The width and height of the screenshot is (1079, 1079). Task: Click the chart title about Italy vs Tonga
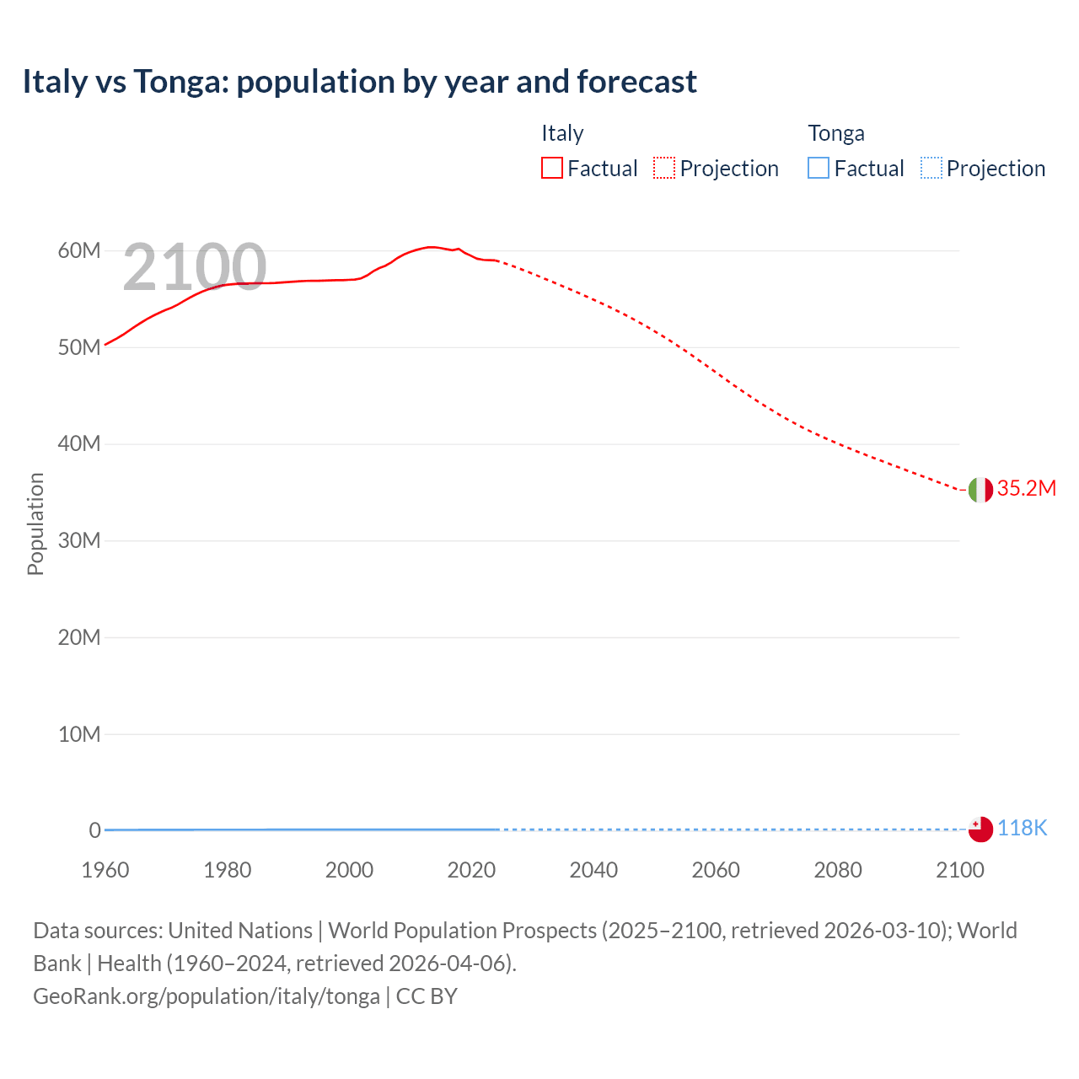359,82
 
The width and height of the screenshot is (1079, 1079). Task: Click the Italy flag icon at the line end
980,490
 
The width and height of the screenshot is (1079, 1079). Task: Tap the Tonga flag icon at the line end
980,829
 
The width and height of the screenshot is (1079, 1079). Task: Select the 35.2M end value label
1026,489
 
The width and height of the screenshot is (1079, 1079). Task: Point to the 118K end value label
1022,829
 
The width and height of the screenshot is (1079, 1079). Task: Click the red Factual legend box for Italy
552,169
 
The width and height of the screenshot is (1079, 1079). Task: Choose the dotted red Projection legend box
664,169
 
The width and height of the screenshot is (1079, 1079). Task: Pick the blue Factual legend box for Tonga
819,169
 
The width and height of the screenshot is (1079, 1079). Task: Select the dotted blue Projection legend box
931,169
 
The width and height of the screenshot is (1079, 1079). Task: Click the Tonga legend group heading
836,133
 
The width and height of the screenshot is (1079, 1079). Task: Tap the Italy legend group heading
562,133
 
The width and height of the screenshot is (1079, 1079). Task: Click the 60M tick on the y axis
79,251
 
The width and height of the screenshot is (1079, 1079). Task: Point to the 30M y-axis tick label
79,541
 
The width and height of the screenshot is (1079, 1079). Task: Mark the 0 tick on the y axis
94,830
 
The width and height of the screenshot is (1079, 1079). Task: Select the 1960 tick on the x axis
105,870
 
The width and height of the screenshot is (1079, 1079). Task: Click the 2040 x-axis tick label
593,870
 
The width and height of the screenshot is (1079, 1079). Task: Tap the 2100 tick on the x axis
959,870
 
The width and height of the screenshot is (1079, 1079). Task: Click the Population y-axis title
35,523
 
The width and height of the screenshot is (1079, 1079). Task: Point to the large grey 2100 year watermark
195,268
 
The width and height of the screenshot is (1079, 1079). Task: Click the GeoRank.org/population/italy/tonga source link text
207,996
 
